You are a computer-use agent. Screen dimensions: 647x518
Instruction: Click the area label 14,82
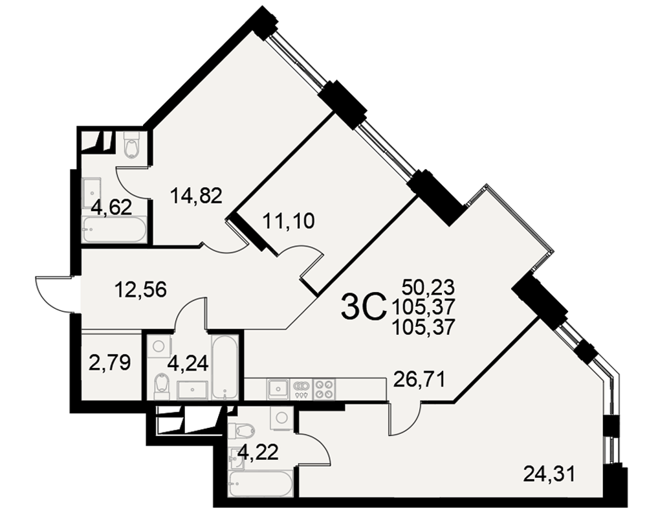click(x=196, y=195)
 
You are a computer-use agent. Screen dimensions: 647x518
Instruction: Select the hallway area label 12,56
click(x=141, y=289)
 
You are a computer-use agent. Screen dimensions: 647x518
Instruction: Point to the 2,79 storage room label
click(x=110, y=363)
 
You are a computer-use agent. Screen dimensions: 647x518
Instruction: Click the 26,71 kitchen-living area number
click(x=419, y=379)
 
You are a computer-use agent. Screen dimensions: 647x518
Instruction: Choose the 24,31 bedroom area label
click(x=549, y=473)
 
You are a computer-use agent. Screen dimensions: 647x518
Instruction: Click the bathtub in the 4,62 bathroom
click(x=115, y=230)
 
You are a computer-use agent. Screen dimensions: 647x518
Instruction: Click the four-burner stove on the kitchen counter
click(x=324, y=389)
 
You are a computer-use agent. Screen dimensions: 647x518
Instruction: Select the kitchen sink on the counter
click(x=278, y=389)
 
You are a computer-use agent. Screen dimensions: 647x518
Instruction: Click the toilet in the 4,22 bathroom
click(x=241, y=433)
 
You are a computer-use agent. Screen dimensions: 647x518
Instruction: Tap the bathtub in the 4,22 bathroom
click(x=261, y=484)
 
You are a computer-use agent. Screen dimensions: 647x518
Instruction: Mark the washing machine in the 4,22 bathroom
click(x=282, y=418)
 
